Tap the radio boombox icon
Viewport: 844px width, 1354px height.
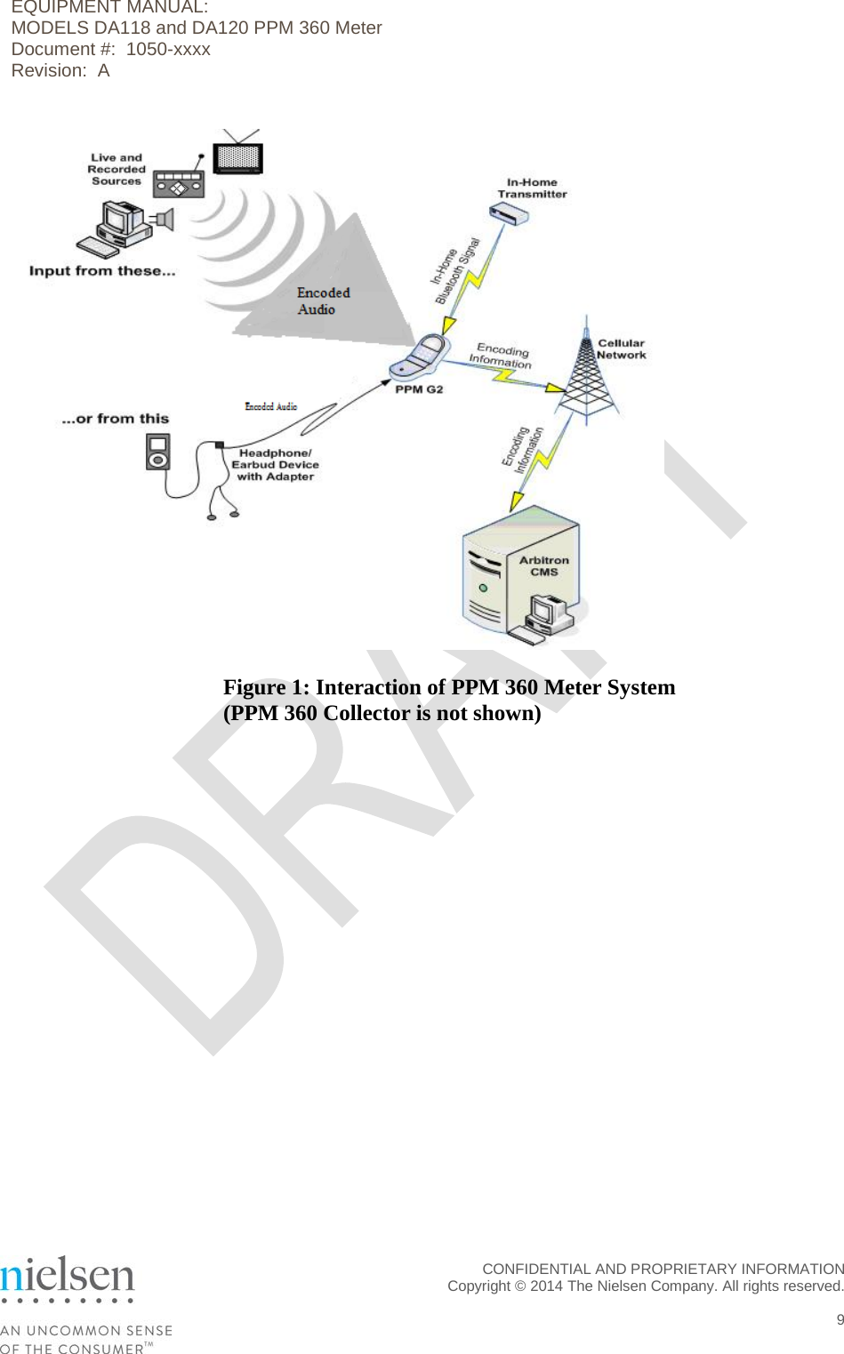pos(179,184)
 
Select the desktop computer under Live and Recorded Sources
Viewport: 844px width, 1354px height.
pos(119,229)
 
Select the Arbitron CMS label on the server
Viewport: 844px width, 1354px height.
pos(543,566)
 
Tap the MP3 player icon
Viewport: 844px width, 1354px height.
pos(158,452)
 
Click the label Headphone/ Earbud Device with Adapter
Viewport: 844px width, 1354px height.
pos(275,465)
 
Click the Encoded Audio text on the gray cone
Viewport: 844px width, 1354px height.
pos(322,300)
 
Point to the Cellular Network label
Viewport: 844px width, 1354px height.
pos(621,349)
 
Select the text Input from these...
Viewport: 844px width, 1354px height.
pos(101,271)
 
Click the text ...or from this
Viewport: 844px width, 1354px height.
pos(115,419)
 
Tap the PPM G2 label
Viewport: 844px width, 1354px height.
pos(419,389)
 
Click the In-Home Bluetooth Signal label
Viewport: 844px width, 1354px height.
pos(454,271)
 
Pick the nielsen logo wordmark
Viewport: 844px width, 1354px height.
pos(68,1276)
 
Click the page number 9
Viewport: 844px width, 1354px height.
pos(839,1319)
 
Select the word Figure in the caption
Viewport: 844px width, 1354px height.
pos(254,687)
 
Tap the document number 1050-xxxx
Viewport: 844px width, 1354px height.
pos(168,50)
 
